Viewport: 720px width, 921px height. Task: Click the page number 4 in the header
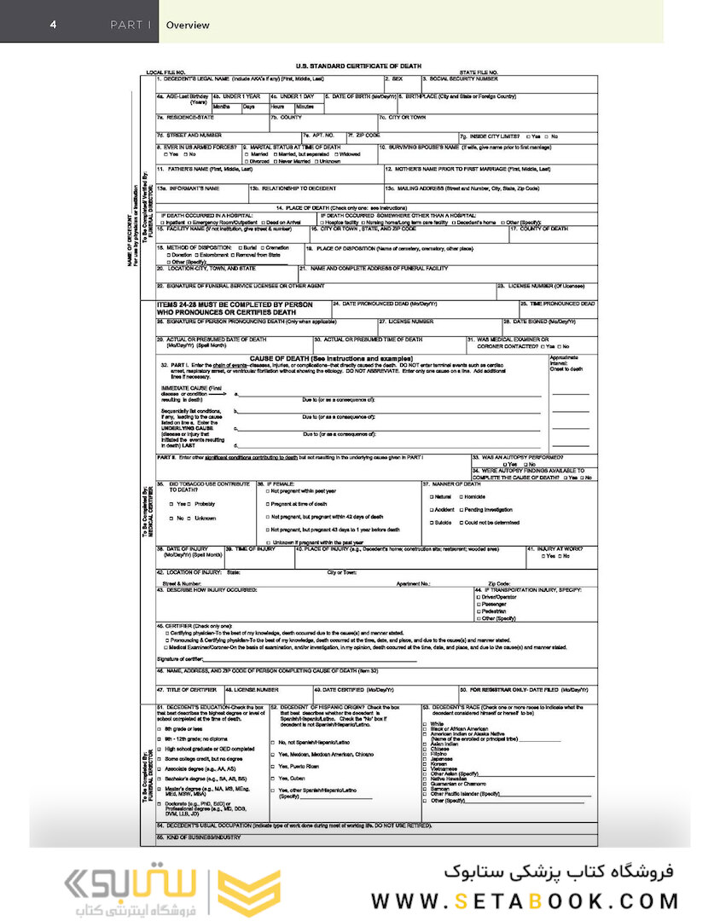[x=53, y=25]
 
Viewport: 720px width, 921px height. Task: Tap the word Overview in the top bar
[x=188, y=26]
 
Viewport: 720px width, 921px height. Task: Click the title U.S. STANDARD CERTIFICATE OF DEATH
[x=358, y=66]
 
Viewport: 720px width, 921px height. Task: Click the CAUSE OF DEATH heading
[x=332, y=358]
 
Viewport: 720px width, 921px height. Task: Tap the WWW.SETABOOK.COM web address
[x=524, y=901]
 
